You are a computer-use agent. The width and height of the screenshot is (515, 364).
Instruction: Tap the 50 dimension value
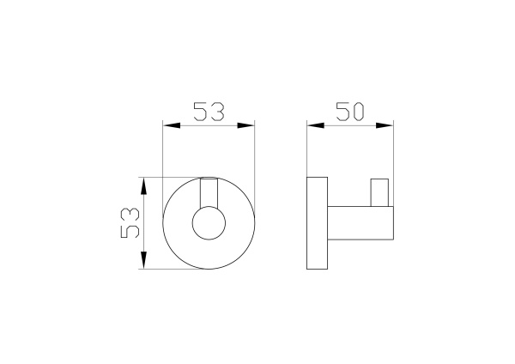click(352, 112)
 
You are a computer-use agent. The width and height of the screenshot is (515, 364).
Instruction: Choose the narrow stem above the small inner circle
click(209, 193)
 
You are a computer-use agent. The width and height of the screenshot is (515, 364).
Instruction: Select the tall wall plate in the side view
click(317, 223)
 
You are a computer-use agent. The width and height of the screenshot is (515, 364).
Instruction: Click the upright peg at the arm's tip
click(380, 193)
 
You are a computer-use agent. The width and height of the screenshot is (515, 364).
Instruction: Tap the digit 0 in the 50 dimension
click(363, 112)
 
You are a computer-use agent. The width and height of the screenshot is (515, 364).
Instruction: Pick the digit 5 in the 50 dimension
click(342, 112)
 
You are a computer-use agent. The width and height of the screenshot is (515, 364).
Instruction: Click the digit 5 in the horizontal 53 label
click(199, 112)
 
